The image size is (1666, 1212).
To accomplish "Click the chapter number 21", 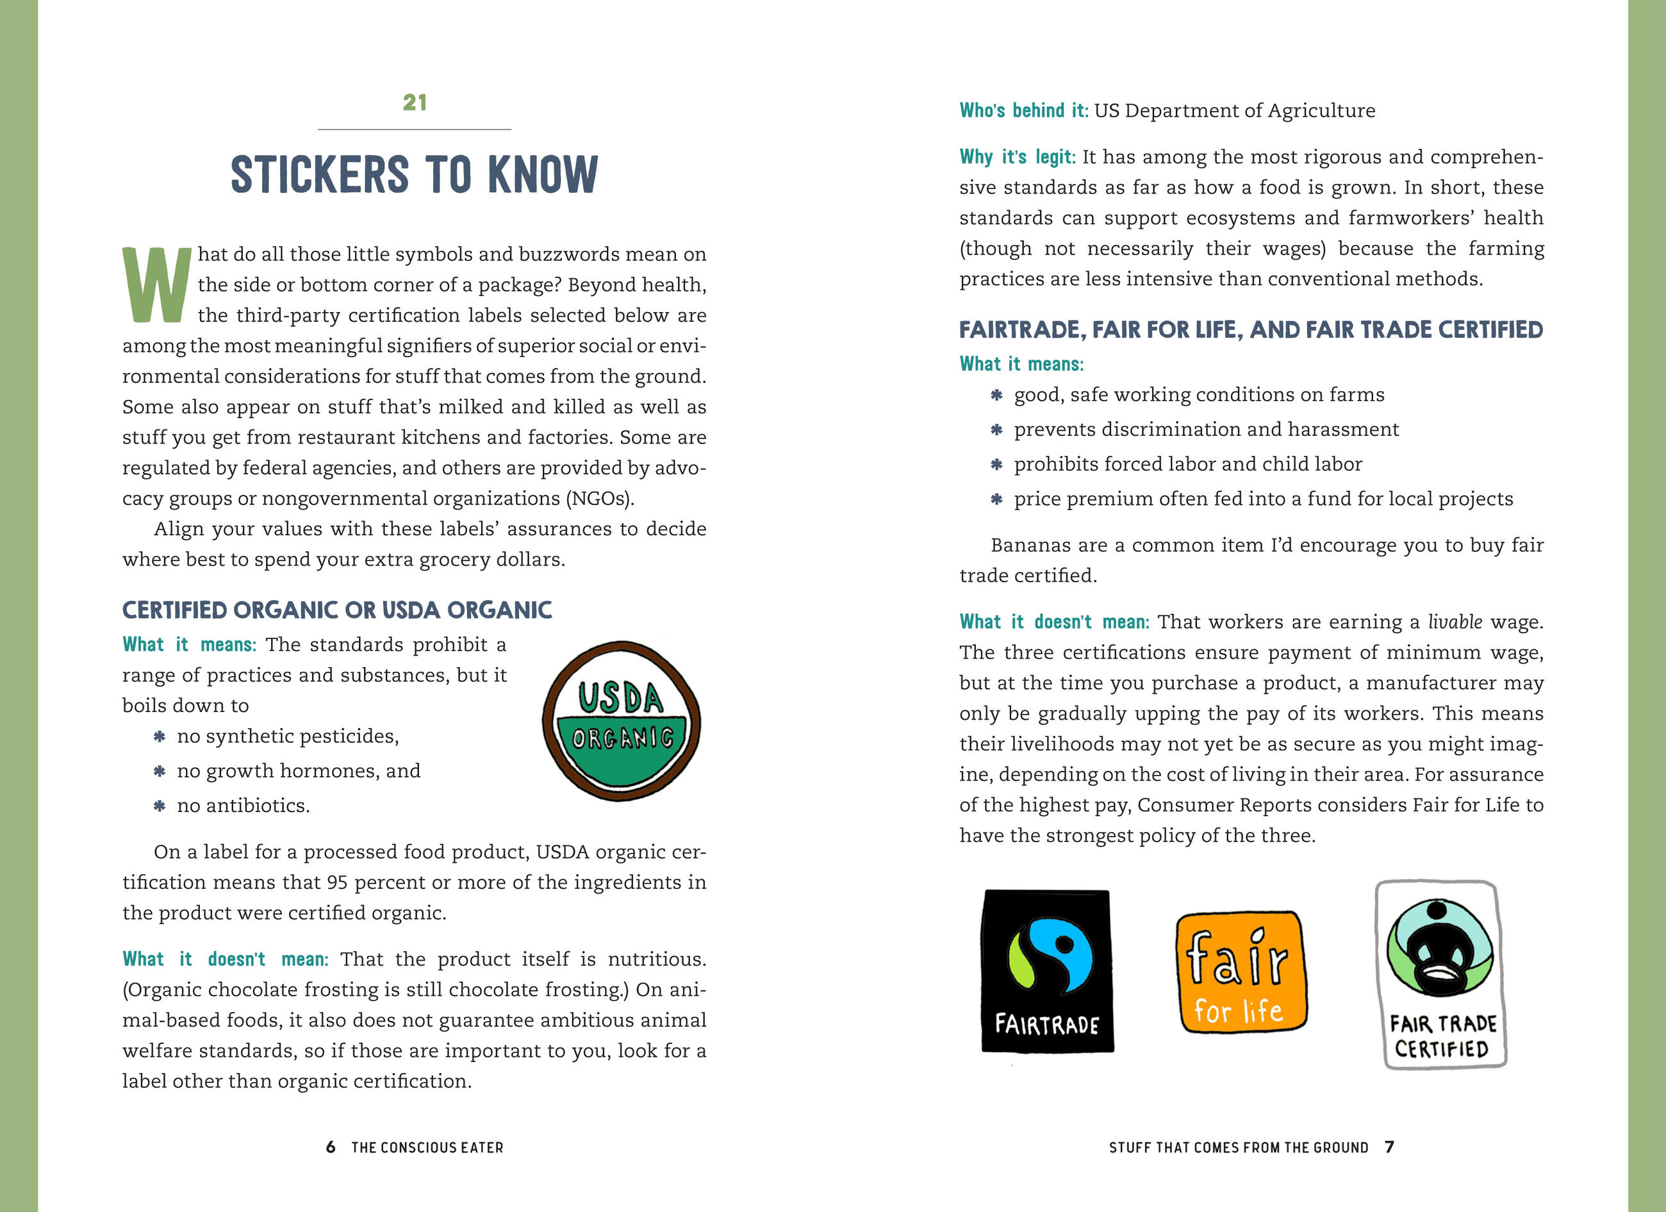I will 415,103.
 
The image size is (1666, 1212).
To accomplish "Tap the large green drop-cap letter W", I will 156,286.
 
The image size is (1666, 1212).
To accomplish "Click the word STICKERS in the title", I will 320,176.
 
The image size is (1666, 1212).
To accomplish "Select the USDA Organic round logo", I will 622,720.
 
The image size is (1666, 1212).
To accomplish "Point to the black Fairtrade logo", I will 1047,971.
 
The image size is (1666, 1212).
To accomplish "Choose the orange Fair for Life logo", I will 1240,971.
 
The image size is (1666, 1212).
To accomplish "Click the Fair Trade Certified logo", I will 1440,974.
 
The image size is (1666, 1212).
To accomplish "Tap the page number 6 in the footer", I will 331,1147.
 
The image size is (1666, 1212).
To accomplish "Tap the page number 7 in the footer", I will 1389,1147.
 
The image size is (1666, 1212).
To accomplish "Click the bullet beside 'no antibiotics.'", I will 160,806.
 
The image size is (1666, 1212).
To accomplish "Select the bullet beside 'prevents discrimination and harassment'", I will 996,429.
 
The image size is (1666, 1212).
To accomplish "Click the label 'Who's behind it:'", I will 1023,111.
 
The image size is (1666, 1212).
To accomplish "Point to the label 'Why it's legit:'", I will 1017,157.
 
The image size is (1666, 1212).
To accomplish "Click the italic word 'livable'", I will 1455,622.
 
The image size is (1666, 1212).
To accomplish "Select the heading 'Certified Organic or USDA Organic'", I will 337,610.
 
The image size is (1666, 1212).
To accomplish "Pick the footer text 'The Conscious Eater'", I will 427,1147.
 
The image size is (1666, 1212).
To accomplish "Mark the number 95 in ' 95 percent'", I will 337,882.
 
